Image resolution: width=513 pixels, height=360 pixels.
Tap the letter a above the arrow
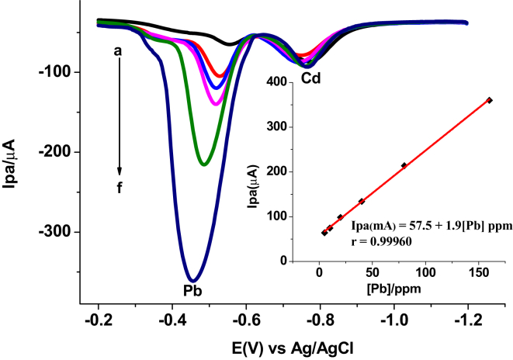click(x=118, y=51)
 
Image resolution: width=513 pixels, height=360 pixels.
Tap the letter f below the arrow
click(x=120, y=185)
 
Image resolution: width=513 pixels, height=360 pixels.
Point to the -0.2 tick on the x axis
click(x=98, y=319)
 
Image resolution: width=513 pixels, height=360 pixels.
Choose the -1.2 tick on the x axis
click(x=467, y=319)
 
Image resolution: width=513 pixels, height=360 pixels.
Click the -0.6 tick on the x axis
click(x=246, y=319)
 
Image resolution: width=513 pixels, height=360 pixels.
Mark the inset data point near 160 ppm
click(x=489, y=100)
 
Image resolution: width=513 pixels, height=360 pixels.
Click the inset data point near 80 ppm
click(x=404, y=165)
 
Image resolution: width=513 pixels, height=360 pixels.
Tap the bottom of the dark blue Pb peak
click(x=193, y=280)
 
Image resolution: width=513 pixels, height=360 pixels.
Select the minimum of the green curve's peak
click(x=203, y=164)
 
